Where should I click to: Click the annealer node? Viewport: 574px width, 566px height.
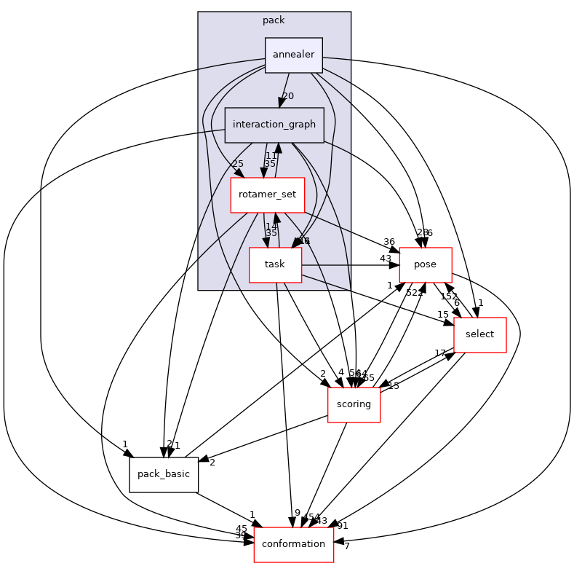[293, 55]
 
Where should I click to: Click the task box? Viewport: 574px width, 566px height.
[275, 264]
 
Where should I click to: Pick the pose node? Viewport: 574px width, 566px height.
[426, 264]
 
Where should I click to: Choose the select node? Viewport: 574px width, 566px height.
[479, 334]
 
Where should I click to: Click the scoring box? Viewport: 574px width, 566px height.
[354, 404]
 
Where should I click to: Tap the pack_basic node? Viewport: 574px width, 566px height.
[164, 474]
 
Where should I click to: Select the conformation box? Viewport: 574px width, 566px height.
[293, 544]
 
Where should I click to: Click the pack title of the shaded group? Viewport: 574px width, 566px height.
[274, 20]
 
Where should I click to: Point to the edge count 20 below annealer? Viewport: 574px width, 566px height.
[288, 96]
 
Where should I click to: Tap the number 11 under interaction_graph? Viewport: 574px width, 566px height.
[271, 155]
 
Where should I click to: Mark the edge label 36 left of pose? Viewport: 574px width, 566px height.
[389, 243]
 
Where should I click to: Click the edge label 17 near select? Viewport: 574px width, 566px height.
[440, 353]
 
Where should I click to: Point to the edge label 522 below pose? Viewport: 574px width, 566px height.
[415, 292]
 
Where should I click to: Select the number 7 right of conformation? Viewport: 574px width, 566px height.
[347, 546]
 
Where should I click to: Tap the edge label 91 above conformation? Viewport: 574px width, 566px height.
[343, 525]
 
